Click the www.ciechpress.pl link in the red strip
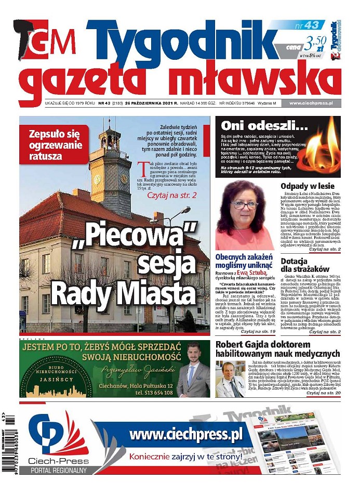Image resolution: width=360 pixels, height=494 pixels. tap(311, 103)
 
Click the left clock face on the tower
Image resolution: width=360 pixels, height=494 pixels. tap(97, 179)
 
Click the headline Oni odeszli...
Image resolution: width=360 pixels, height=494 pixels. tap(258, 125)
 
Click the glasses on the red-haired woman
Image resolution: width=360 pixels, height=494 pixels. tap(244, 205)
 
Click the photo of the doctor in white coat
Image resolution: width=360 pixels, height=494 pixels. tap(230, 379)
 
